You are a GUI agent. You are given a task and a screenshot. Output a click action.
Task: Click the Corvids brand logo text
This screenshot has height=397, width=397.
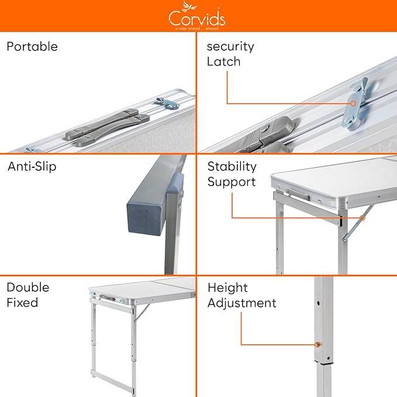(197, 19)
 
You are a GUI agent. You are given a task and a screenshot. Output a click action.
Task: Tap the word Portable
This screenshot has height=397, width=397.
(32, 47)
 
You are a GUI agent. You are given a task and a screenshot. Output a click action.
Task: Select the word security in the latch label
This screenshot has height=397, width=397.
(230, 47)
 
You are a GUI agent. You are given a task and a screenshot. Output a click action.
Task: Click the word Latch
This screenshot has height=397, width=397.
(223, 61)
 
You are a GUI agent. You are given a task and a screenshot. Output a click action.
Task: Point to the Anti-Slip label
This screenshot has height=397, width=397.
(32, 167)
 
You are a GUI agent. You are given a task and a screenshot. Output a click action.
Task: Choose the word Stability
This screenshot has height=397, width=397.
(232, 167)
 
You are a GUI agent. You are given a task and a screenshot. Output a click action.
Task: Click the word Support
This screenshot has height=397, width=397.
(232, 182)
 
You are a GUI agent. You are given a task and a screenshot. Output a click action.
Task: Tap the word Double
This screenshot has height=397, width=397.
(28, 287)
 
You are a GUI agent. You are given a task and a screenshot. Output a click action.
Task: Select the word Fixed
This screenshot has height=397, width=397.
(22, 302)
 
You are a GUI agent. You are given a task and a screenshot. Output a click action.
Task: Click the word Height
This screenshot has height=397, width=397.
(227, 288)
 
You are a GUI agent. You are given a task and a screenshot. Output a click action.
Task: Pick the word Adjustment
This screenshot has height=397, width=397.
(242, 303)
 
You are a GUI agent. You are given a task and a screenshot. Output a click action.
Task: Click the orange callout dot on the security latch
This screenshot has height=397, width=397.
(353, 103)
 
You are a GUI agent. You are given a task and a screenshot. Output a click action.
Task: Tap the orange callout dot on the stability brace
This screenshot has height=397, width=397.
(363, 218)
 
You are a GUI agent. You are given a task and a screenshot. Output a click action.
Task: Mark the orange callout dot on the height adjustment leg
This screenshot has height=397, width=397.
(317, 344)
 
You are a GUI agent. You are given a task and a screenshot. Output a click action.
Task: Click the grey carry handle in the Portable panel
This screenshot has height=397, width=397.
(107, 127)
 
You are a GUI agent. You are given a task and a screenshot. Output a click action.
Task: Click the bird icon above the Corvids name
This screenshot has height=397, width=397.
(189, 6)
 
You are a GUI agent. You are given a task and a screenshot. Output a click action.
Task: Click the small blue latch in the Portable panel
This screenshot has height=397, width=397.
(167, 103)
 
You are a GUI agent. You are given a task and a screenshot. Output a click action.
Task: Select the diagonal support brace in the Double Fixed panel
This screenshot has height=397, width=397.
(141, 313)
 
